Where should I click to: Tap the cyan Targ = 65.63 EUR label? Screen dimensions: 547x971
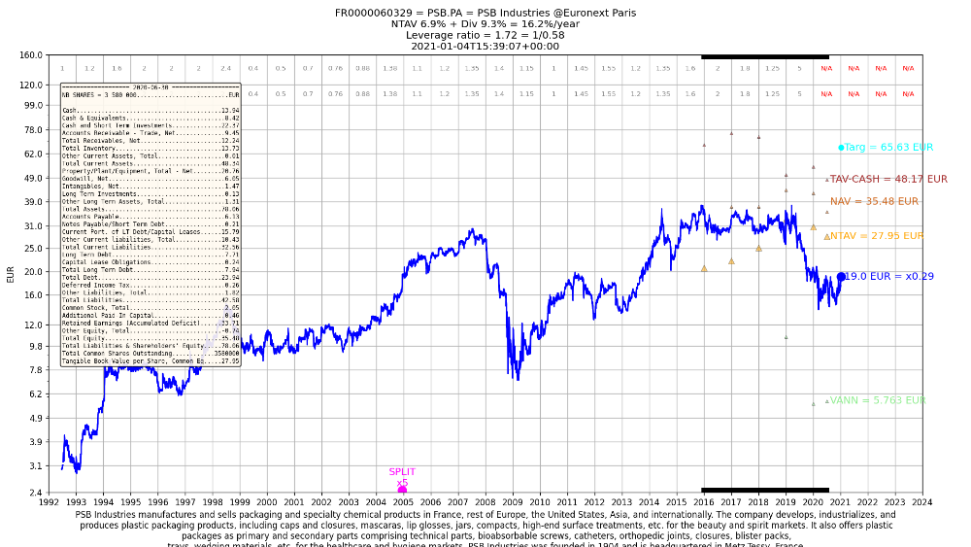888,148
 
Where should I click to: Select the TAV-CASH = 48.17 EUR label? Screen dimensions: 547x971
888,180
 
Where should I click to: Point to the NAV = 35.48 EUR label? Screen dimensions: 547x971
874,202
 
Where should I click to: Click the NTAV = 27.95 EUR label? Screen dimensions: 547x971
877,236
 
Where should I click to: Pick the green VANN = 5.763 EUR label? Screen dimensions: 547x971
878,400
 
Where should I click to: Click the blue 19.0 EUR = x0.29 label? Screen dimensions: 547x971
888,277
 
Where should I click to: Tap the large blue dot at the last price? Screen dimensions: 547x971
841,277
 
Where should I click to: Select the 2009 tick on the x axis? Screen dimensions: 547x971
513,502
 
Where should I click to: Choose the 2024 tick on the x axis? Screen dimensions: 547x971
922,502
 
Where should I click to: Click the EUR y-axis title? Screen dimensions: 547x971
11,273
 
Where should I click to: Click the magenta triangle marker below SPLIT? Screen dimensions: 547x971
402,489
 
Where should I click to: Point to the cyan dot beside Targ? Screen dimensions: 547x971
841,148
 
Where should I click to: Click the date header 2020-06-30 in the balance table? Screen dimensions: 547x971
151,86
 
